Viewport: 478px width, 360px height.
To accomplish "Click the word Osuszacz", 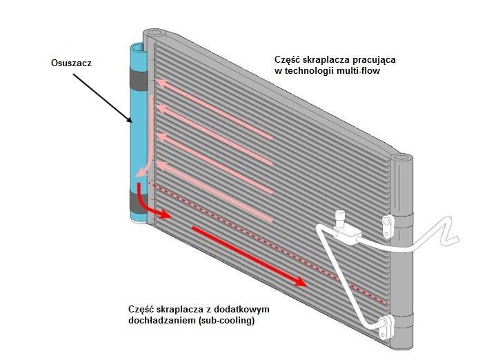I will point(71,62).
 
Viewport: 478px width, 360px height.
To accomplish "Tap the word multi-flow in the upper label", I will point(357,71).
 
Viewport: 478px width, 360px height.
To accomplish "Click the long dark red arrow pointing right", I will point(249,254).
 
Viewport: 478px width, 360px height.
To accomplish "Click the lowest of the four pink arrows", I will point(213,189).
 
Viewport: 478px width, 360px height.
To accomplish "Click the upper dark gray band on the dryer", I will point(139,78).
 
